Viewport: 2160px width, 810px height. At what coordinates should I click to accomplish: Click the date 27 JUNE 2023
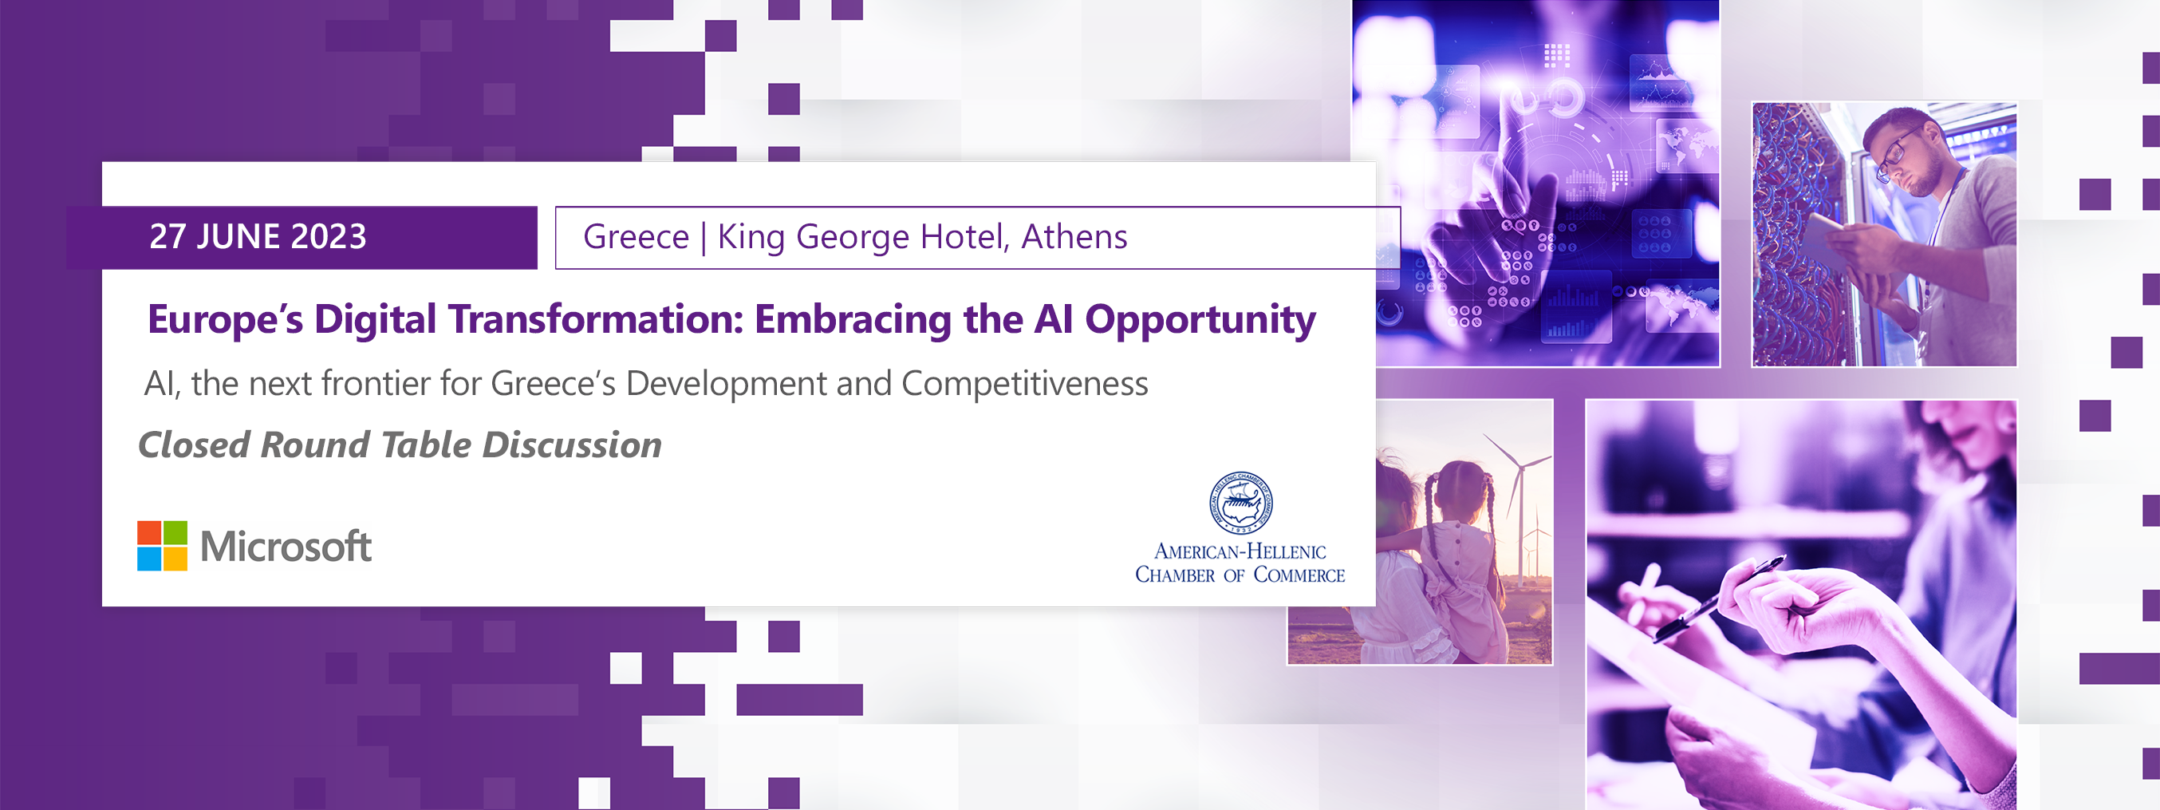(258, 236)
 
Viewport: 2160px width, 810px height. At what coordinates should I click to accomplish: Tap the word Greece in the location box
(636, 236)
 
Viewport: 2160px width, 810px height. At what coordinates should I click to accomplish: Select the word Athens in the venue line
(1074, 236)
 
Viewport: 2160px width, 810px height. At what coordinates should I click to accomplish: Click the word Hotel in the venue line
(964, 236)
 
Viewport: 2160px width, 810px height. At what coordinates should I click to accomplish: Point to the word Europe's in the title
(225, 319)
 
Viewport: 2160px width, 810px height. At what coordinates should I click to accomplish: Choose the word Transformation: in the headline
(595, 319)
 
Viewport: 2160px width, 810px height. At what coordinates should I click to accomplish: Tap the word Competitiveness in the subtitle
(1025, 383)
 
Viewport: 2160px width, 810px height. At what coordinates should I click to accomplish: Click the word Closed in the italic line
(195, 445)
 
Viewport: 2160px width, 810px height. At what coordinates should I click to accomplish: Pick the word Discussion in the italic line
(572, 445)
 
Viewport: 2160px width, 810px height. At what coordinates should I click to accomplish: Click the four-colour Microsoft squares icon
(162, 546)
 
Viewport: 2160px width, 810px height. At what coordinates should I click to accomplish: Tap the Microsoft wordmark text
(286, 547)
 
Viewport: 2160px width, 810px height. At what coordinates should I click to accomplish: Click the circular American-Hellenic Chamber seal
(1240, 502)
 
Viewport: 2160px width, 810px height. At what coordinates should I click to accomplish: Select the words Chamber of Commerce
(1240, 575)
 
